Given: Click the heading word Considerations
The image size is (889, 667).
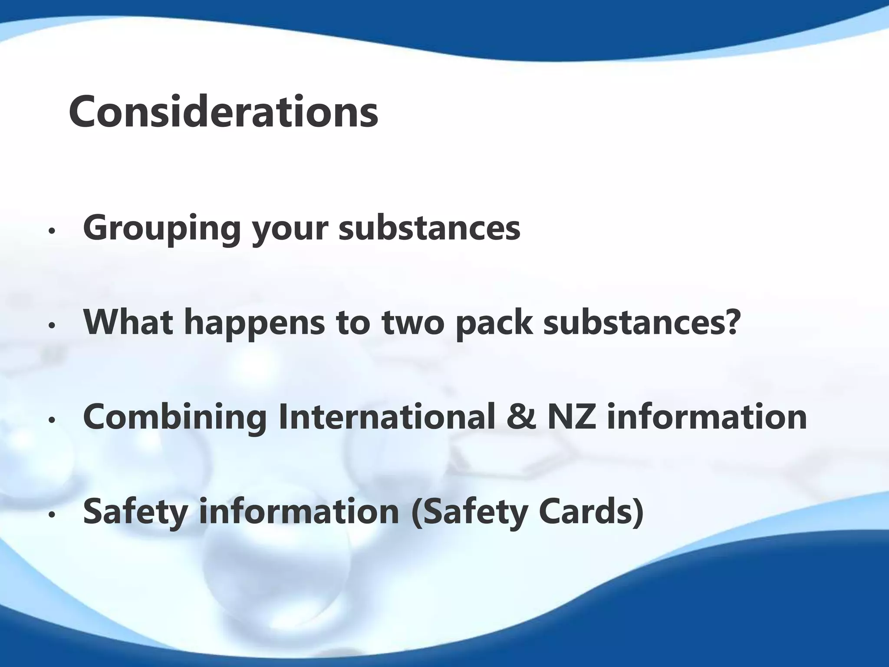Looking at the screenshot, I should [223, 112].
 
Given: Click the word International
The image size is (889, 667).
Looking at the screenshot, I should [387, 416].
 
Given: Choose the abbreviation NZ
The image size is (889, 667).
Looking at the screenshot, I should [572, 416].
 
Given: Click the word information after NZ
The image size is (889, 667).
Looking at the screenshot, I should [707, 416].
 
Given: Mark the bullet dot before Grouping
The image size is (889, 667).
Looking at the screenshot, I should [52, 231].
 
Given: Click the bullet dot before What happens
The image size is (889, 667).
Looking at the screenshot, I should [52, 326].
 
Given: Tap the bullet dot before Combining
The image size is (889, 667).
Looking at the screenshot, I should [52, 420].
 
